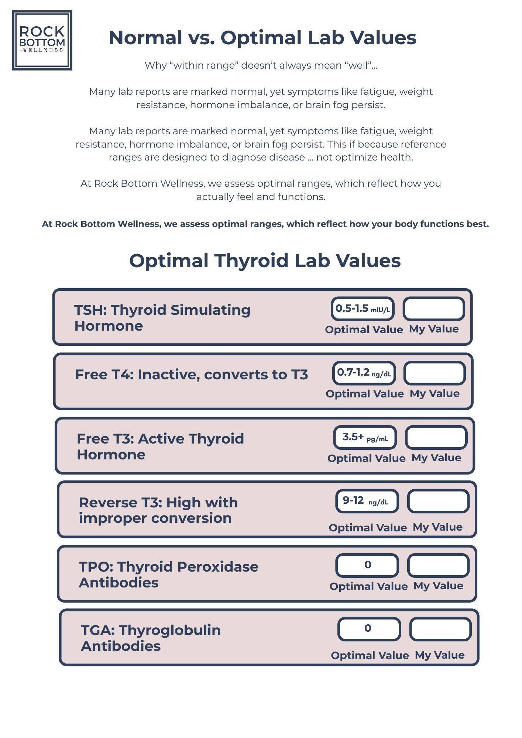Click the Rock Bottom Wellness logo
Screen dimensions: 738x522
(x=42, y=40)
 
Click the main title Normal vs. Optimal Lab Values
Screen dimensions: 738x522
(x=262, y=38)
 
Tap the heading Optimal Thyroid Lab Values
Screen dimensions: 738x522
(x=265, y=261)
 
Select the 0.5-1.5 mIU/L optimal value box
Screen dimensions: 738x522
(x=363, y=309)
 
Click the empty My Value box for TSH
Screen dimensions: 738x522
(x=434, y=309)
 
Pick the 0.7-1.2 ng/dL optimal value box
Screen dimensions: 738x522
(x=364, y=373)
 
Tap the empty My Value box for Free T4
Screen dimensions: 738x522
(x=435, y=373)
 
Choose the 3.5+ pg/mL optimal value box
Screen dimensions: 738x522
(x=365, y=438)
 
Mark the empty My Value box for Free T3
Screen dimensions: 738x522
(x=436, y=438)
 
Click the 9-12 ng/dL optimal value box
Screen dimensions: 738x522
(x=367, y=501)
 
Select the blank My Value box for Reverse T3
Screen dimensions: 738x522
(x=438, y=501)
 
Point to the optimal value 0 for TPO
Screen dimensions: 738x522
(x=367, y=565)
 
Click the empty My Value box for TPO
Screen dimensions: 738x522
(x=438, y=565)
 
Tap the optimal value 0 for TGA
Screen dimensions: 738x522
(x=369, y=629)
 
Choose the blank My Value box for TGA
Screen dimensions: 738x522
(x=440, y=629)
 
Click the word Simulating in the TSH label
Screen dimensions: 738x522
(x=210, y=310)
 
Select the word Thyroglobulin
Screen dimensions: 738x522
(x=169, y=630)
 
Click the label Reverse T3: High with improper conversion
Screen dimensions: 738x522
(x=158, y=510)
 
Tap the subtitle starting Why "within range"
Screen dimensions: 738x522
(x=261, y=66)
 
